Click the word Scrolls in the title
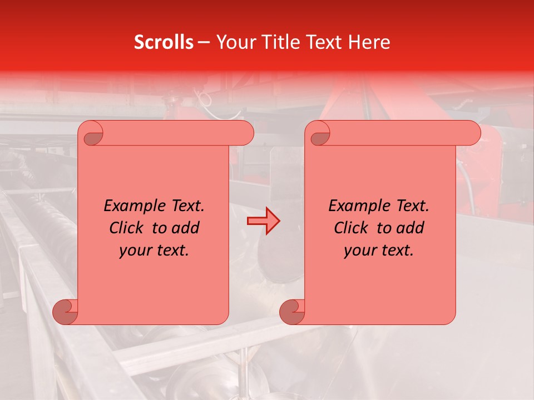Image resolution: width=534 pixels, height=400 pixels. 164,42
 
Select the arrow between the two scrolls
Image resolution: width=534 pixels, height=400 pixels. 263,221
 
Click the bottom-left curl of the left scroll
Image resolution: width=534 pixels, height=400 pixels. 65,311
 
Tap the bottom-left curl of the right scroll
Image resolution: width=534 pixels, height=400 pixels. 292,311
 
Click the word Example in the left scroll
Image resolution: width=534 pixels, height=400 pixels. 131,206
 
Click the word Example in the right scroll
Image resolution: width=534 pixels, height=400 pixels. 356,206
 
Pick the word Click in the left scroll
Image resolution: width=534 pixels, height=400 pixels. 127,228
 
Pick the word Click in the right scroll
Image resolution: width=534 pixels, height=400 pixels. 352,228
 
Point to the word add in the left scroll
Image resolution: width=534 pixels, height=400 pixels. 187,228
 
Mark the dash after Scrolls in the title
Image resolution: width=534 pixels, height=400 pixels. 204,43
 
